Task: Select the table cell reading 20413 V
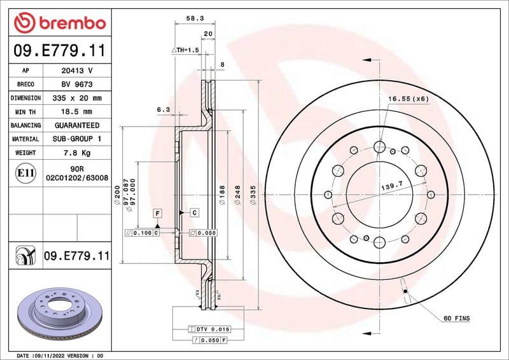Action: (76, 70)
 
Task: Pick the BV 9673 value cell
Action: (76, 84)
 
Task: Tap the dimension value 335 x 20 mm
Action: (76, 98)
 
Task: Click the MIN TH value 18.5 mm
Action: (76, 112)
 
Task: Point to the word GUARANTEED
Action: (76, 125)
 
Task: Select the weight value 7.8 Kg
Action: (76, 153)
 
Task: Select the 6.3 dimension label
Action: (163, 110)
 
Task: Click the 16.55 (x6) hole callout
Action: (408, 99)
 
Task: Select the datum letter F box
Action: (156, 211)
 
